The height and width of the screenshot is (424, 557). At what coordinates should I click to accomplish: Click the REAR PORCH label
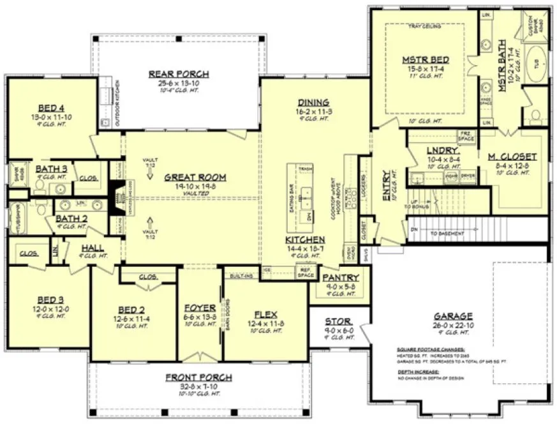point(172,74)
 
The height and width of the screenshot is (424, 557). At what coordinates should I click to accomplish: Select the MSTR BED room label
point(425,60)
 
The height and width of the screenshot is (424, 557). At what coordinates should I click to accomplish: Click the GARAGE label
point(453,315)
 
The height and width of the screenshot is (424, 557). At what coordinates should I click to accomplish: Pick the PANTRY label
point(340,278)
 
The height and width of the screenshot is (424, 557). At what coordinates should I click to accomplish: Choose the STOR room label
point(339,322)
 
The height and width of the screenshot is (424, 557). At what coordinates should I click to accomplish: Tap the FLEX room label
point(265,314)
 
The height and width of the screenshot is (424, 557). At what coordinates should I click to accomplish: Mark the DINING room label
point(313,102)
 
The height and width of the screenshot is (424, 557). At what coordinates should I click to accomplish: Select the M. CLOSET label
point(512,156)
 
